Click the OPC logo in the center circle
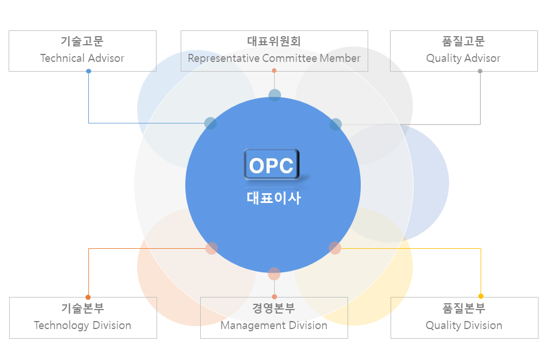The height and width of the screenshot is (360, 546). pos(272,165)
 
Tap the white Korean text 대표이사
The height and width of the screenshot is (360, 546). pos(274,198)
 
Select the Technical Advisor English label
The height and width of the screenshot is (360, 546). pos(82,58)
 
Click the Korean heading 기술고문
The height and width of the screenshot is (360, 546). pos(82,41)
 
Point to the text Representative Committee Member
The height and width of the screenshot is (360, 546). pos(274,58)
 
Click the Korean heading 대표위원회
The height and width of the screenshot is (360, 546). pos(274,41)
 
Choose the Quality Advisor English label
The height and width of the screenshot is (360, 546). pos(463,58)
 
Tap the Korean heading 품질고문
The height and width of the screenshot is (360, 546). pos(463,41)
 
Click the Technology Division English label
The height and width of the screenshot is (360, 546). pos(83,326)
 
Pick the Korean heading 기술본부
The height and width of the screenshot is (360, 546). pos(83,308)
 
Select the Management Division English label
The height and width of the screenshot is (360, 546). pos(274,326)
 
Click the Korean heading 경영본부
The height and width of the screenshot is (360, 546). pos(274,308)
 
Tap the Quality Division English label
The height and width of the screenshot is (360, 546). pos(464,326)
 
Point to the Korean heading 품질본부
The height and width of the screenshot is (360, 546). pos(464,308)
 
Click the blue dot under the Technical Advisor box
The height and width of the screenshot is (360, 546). pos(89,71)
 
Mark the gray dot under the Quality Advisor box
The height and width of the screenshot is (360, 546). pos(480,71)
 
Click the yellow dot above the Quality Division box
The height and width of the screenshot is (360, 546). pos(481,296)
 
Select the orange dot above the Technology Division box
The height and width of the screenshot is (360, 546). pos(88,298)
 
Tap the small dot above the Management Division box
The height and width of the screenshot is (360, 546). pos(274,296)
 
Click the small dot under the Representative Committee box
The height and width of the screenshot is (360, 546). pos(274,71)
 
